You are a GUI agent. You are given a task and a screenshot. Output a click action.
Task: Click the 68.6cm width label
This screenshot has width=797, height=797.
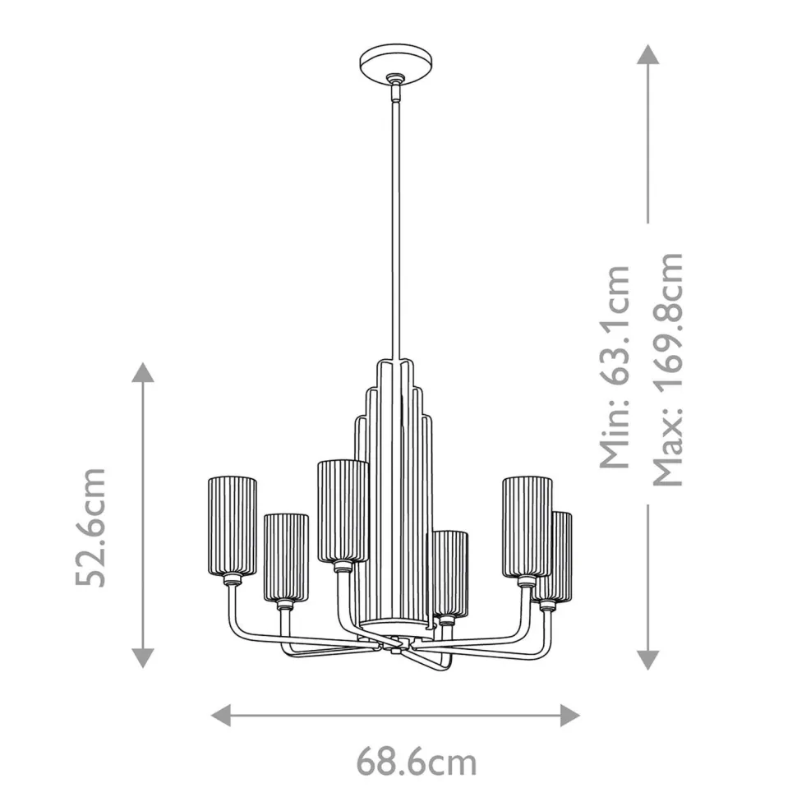pos(416,762)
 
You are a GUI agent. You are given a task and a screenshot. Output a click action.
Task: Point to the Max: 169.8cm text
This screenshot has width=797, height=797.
pos(667,368)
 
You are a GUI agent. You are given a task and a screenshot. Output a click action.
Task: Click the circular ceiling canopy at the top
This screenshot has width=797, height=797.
pos(393,63)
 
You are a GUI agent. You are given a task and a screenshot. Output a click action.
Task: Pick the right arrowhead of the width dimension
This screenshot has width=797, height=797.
pos(569,714)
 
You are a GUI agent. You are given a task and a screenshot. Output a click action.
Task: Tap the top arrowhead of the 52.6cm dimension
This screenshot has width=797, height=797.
pos(143,372)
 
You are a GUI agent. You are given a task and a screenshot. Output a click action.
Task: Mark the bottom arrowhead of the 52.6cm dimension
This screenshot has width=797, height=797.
pos(143,656)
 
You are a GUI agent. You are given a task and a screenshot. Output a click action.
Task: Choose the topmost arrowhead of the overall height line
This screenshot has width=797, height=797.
pos(648,55)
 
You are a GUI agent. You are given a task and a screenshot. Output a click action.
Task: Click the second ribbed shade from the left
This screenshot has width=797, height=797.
pos(285,557)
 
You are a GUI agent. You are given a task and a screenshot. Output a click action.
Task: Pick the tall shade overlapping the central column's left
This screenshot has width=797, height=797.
pos(342,509)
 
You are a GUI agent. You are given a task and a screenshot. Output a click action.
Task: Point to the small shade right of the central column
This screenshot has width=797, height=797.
pos(450,572)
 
